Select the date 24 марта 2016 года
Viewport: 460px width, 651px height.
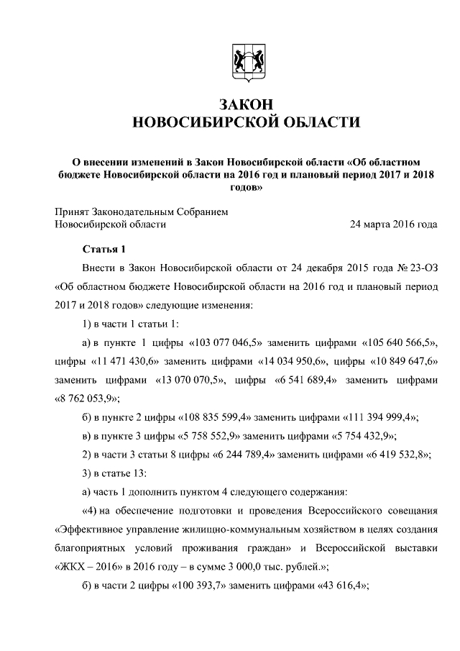coord(393,224)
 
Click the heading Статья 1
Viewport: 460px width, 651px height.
coord(103,250)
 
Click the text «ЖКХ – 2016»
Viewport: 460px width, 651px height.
coord(85,568)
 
